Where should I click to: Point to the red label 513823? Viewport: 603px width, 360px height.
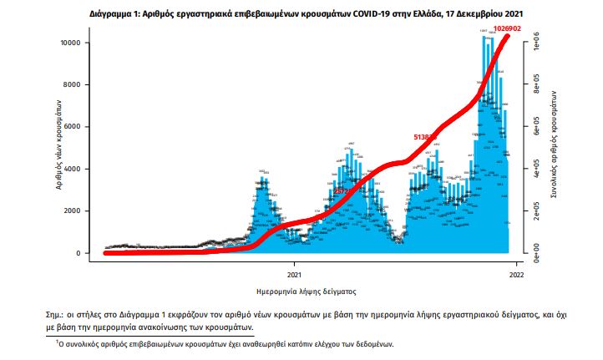pos(427,136)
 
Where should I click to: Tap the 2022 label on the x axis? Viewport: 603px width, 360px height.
pos(516,273)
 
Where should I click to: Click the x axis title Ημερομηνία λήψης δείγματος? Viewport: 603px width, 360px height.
pos(307,292)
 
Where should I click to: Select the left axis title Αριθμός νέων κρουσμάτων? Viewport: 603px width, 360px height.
pos(60,147)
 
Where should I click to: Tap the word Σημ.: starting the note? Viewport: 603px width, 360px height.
pos(58,314)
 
